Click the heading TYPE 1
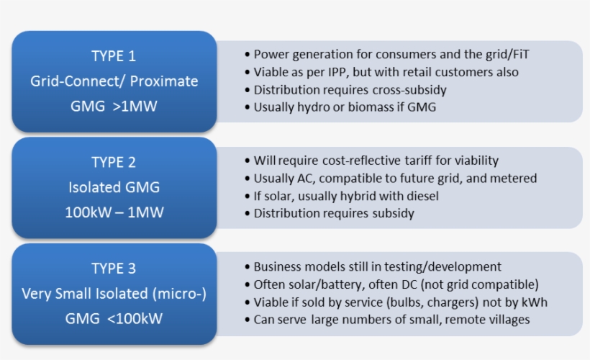click(x=114, y=56)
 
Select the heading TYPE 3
click(x=114, y=269)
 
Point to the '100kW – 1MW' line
click(x=114, y=212)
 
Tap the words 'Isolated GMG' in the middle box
click(x=114, y=188)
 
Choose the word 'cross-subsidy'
click(x=410, y=90)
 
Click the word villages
click(x=506, y=320)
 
